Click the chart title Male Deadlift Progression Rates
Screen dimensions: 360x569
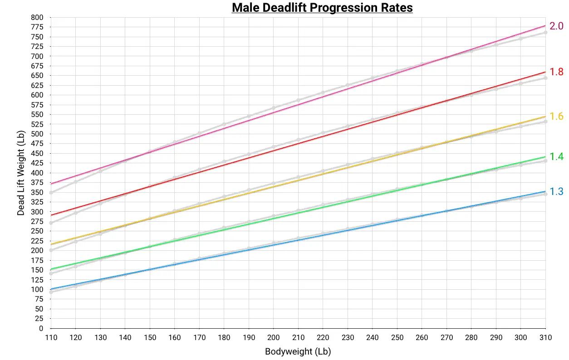click(322, 8)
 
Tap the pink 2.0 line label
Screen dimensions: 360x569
click(556, 26)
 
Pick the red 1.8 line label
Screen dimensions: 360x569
click(556, 72)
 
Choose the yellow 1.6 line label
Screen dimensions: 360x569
click(556, 117)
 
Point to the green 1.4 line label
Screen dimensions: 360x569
click(556, 157)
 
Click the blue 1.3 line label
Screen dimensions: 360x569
click(556, 192)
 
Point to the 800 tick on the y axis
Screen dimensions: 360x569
click(37, 17)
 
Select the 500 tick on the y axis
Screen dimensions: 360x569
click(37, 134)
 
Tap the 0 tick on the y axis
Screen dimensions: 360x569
click(41, 328)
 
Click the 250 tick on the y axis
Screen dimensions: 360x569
click(37, 231)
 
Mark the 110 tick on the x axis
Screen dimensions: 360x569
click(51, 338)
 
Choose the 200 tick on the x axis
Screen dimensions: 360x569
click(273, 338)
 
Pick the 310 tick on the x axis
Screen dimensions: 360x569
click(545, 338)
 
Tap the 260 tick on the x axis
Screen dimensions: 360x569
click(422, 338)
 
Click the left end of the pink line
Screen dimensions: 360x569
click(51, 184)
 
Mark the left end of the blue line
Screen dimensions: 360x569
click(51, 289)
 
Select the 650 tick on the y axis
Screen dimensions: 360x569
click(37, 76)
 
